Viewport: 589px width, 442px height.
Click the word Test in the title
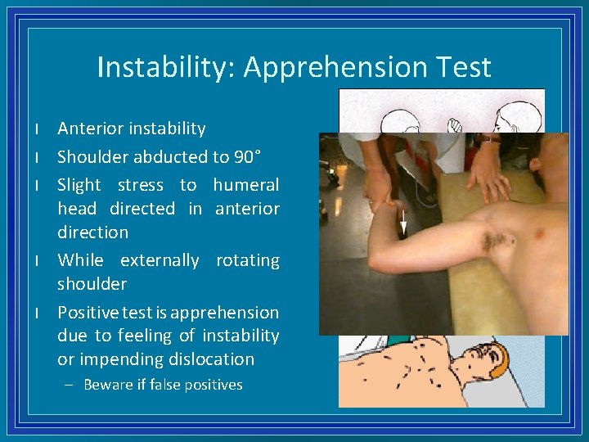tap(464, 67)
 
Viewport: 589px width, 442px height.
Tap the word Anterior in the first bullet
tap(89, 129)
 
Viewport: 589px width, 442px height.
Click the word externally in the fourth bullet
tap(160, 260)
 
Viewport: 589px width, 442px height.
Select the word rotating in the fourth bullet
tap(247, 260)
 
